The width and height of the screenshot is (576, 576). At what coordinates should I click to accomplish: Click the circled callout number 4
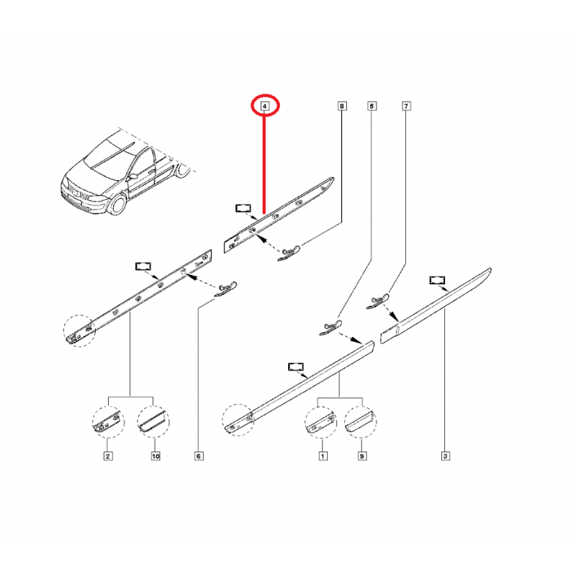[265, 106]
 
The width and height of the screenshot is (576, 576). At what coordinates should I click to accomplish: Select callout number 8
[342, 106]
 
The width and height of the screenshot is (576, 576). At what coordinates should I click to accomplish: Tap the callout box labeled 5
[372, 106]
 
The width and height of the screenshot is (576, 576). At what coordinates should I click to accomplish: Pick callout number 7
[406, 106]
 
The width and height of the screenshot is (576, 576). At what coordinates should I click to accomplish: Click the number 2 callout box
[108, 456]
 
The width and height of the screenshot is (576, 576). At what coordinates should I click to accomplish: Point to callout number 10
[156, 456]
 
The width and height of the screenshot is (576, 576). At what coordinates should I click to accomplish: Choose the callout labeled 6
[199, 456]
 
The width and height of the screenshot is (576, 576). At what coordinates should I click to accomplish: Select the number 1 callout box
[323, 456]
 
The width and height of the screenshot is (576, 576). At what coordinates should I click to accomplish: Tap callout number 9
[362, 456]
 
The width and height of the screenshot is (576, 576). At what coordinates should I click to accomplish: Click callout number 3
[446, 456]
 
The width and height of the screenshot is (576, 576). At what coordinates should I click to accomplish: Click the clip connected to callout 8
[289, 253]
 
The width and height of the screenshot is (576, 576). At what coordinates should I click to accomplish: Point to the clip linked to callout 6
[225, 289]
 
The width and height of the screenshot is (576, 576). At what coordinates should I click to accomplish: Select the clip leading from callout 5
[330, 328]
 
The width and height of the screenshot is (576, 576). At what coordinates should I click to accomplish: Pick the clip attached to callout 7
[377, 301]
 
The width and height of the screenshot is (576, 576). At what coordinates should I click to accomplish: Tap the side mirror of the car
[132, 176]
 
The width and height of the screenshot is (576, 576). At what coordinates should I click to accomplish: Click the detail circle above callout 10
[153, 422]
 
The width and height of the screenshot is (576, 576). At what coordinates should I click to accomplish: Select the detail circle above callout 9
[361, 422]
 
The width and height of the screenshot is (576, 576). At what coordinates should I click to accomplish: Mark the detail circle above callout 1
[320, 422]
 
